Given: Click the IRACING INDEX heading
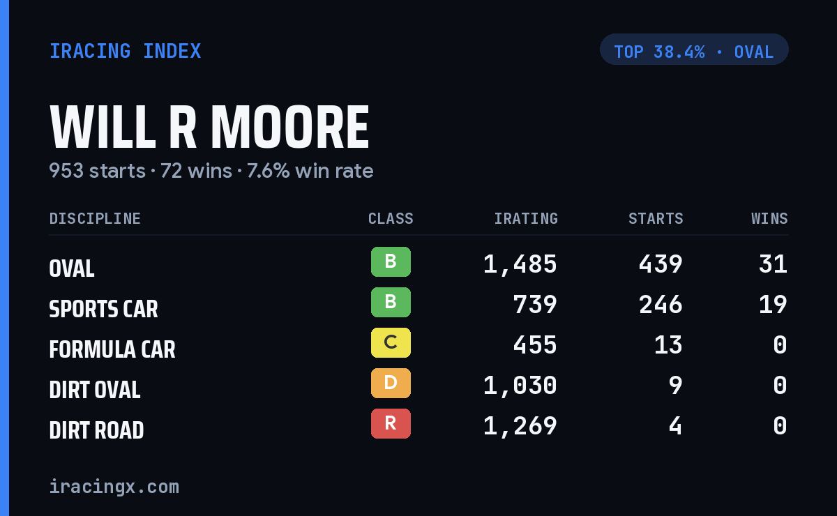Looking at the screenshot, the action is point(125,51).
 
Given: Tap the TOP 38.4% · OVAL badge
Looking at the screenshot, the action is point(694,50).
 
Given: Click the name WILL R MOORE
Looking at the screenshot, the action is point(209,127).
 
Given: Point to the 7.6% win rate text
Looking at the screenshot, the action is point(310,171).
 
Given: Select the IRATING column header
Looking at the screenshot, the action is point(526,218).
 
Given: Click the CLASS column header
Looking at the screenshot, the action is point(391,218).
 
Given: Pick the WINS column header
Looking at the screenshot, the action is point(770,218).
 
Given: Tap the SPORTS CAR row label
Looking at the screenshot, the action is point(103,309).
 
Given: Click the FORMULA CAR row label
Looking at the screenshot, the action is point(112,349).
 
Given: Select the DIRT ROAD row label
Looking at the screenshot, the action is point(96,430).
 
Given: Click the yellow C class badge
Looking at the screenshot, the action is point(391,342).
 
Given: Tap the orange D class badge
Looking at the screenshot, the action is point(391,383).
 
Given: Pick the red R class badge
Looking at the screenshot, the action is point(391,423).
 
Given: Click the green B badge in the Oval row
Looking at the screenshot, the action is point(391,262).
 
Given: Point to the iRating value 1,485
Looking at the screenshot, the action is point(520,264).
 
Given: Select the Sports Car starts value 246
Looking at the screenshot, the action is point(661,305).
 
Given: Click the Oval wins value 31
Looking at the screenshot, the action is point(773,264).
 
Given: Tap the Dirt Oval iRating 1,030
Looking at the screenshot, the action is point(520,386).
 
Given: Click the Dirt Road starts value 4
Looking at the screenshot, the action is point(675,425).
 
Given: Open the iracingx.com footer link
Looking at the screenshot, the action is point(114,487).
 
